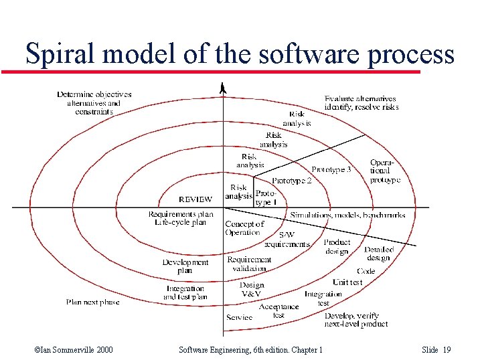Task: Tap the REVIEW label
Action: [x=195, y=199]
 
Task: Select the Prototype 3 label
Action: [x=331, y=170]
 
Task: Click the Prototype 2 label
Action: [x=292, y=181]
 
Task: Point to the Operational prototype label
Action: [x=385, y=171]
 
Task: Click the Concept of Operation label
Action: [x=244, y=228]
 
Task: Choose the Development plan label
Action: [x=185, y=266]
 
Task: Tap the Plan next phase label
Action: [x=92, y=302]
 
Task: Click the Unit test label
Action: [x=347, y=282]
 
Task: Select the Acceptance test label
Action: [x=278, y=310]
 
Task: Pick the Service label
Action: [x=239, y=317]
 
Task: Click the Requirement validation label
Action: [x=249, y=264]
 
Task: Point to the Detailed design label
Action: [x=378, y=254]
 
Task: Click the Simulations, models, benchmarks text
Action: [x=347, y=215]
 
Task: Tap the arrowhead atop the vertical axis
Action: [x=224, y=88]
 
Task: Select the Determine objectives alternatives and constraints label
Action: [x=94, y=103]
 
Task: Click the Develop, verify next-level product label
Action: [x=356, y=320]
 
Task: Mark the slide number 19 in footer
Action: [x=447, y=350]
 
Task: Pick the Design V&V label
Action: [x=252, y=289]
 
